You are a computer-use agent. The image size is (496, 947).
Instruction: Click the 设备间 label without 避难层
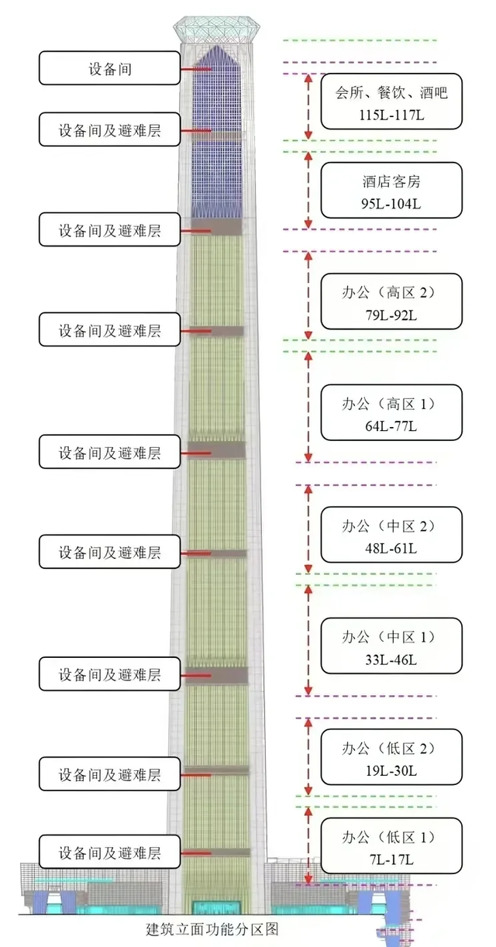[109, 69]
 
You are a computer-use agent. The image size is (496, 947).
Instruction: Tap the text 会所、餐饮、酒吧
[391, 93]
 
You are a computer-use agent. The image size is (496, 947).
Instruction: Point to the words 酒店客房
[391, 183]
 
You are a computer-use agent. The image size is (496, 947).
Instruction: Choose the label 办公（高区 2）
[391, 294]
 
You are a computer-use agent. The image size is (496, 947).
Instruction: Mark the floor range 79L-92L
[391, 316]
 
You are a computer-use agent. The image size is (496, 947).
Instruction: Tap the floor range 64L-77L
[391, 427]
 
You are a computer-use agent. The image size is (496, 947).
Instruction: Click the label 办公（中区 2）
[391, 526]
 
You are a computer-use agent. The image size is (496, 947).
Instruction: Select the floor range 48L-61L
[391, 549]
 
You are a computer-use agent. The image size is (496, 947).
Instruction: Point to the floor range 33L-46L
[391, 660]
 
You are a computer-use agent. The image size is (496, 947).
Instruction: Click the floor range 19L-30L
[391, 771]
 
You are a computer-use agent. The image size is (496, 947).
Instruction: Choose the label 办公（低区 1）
[391, 838]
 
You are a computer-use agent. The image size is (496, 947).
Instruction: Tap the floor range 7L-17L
[391, 860]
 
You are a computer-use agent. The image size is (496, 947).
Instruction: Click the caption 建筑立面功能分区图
[211, 929]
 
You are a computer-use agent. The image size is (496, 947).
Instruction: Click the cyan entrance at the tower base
[215, 907]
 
